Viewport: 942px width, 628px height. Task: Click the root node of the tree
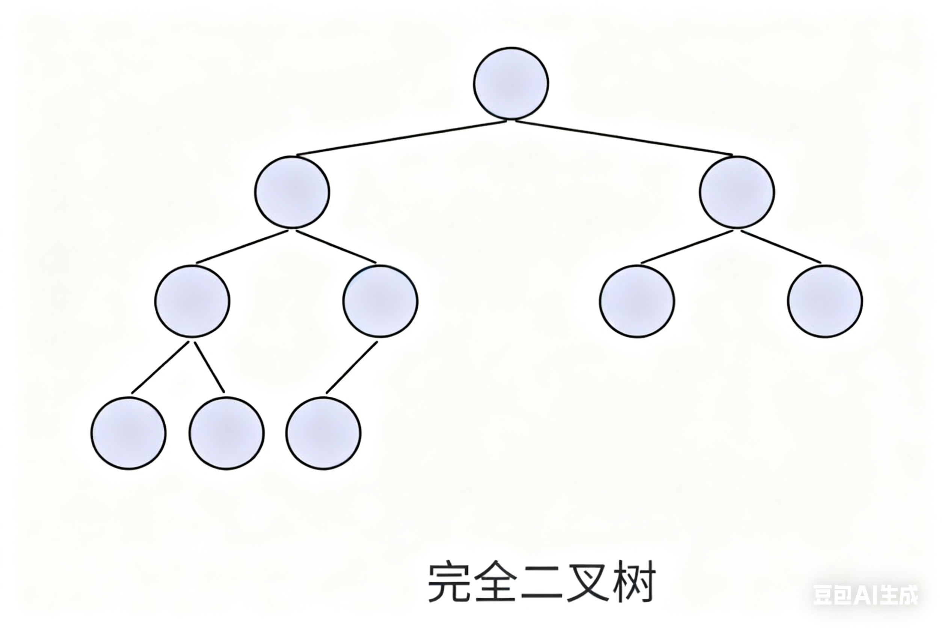(511, 83)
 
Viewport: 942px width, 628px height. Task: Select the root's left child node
(292, 192)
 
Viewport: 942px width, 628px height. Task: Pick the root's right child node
(737, 192)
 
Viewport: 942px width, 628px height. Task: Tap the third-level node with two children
(192, 301)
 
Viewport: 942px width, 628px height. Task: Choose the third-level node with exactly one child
(380, 301)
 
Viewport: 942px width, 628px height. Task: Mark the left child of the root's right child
(637, 302)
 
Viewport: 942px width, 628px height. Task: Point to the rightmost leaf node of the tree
(825, 302)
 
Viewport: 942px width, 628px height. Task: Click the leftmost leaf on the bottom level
(128, 433)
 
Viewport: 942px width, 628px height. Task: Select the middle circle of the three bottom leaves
(227, 433)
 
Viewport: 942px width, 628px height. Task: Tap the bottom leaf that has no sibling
(323, 433)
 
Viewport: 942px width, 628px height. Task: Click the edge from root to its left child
(400, 138)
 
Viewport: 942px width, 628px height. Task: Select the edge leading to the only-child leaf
(352, 367)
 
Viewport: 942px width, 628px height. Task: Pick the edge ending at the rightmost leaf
(781, 247)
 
